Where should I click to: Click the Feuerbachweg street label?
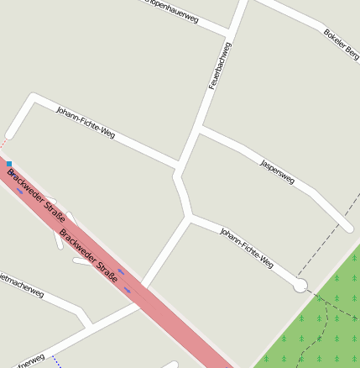click(x=220, y=66)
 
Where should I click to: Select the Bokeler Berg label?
click(x=342, y=44)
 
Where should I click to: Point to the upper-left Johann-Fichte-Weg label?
click(x=86, y=122)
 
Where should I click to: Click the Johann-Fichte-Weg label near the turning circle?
click(x=247, y=247)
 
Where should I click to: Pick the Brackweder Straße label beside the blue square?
click(x=36, y=196)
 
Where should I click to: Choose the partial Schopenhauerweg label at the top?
click(x=172, y=9)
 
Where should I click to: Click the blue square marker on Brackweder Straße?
click(x=9, y=163)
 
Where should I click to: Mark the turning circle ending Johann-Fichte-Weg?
click(x=300, y=286)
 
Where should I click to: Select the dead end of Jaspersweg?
click(x=347, y=227)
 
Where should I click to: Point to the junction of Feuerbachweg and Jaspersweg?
click(x=200, y=129)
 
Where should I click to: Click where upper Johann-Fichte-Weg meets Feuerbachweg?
click(x=179, y=164)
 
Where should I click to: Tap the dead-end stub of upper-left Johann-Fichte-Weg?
click(x=9, y=134)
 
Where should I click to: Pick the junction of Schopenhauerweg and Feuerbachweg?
click(x=229, y=35)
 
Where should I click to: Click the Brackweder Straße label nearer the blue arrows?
click(x=90, y=255)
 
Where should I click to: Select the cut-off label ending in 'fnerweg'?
click(x=29, y=359)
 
